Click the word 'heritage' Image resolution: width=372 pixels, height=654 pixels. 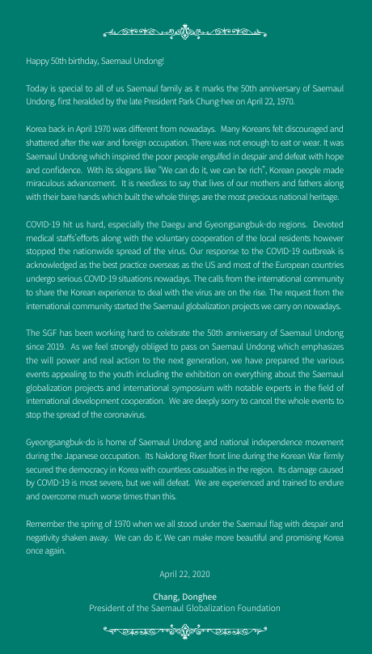coord(321,198)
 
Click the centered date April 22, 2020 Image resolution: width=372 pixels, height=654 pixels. coord(184,574)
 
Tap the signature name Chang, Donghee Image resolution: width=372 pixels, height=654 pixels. coord(184,597)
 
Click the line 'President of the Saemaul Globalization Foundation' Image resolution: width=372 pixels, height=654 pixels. coord(184,608)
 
